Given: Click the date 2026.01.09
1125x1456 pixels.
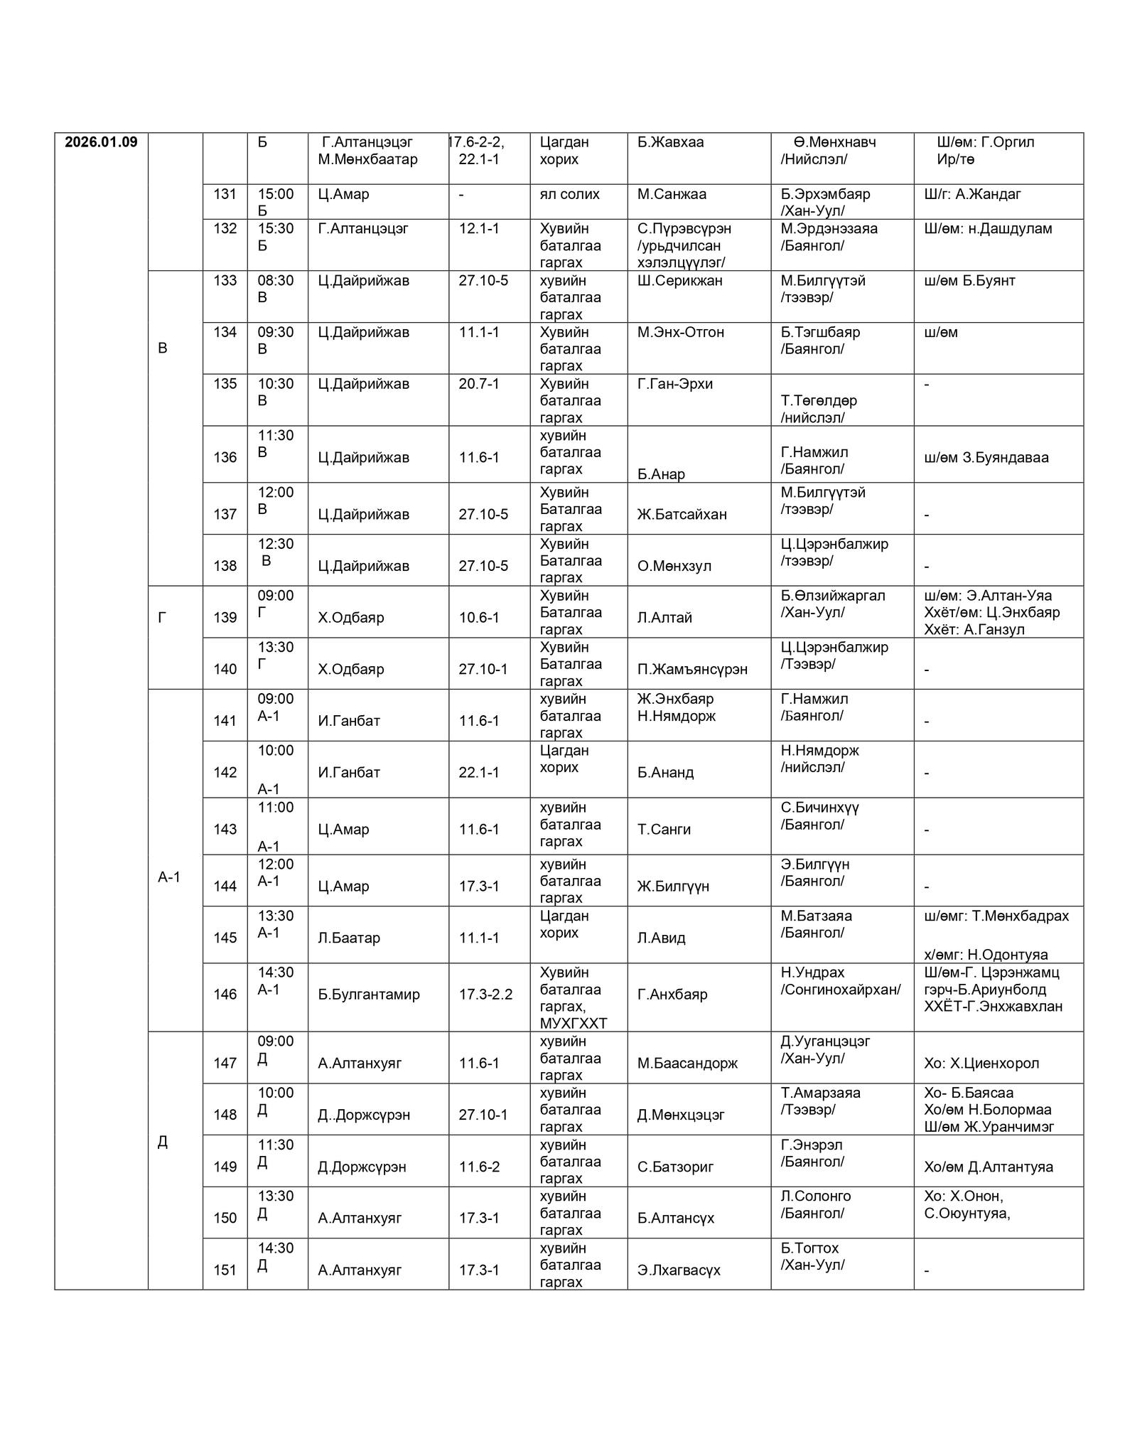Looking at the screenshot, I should (x=101, y=142).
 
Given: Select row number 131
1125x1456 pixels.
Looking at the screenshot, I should (x=225, y=194).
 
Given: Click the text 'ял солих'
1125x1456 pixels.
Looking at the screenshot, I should (x=569, y=194).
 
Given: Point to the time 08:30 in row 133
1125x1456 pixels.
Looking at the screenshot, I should (x=275, y=281).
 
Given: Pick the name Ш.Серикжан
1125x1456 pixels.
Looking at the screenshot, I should (x=679, y=281).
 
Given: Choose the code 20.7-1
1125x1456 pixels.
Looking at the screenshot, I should (x=478, y=384).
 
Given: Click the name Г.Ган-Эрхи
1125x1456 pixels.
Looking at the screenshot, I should (x=674, y=384).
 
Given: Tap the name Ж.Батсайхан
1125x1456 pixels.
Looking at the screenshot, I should (x=682, y=515).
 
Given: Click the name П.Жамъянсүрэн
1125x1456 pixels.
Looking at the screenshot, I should (x=692, y=670).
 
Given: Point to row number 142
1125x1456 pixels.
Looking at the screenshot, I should (x=225, y=773).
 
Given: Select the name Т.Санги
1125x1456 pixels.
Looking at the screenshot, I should (x=664, y=830).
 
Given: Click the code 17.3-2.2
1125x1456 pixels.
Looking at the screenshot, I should (x=485, y=995).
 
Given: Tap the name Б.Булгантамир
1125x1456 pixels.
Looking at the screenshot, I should (x=369, y=995).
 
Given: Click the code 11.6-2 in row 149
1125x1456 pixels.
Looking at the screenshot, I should (x=479, y=1167).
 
